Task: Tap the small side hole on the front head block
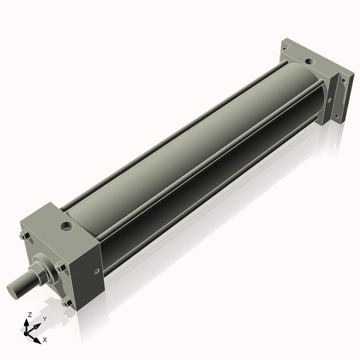click(x=94, y=271)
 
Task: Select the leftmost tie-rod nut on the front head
click(x=23, y=236)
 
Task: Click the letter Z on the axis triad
click(x=30, y=314)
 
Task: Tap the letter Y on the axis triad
click(x=45, y=319)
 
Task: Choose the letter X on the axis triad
click(x=45, y=340)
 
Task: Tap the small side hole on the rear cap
click(x=331, y=92)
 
